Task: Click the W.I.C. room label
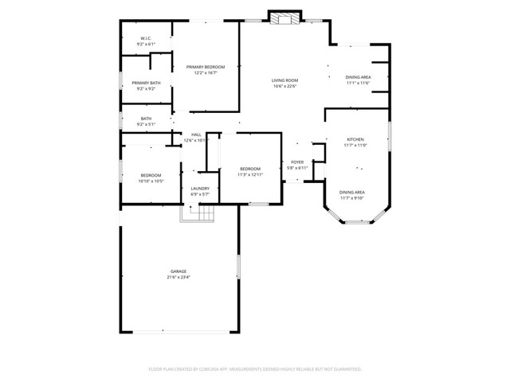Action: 146,38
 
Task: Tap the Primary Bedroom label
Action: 206,67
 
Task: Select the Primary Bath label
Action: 146,83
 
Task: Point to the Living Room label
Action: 284,80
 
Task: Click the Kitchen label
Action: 355,139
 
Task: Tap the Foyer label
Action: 296,162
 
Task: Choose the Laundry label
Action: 199,188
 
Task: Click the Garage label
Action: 178,271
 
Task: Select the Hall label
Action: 196,134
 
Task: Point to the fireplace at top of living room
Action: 284,18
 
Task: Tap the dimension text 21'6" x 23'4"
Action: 178,278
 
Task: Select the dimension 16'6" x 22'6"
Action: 284,87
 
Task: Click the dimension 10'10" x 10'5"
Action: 151,181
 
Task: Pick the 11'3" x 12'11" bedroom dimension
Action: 251,175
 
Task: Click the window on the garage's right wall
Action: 238,267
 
